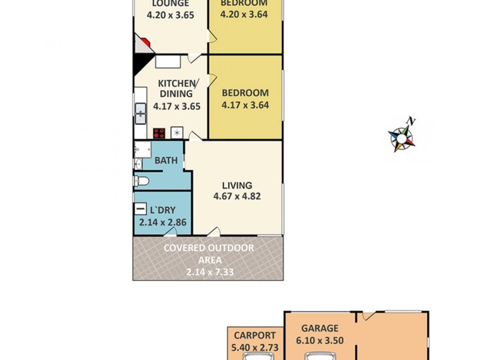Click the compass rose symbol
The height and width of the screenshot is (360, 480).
click(401, 136)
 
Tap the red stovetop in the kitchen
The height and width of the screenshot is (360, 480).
click(159, 133)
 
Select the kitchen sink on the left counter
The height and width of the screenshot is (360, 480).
click(140, 112)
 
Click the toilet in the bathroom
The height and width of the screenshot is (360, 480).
click(140, 181)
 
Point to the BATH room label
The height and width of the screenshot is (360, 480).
click(166, 161)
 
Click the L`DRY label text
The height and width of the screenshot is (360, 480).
click(163, 210)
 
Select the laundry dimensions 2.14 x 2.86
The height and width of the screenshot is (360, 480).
click(163, 222)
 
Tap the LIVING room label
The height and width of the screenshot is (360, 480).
click(237, 185)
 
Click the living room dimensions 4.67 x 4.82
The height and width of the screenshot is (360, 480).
click(237, 196)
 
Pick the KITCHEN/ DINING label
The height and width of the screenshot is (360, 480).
click(176, 88)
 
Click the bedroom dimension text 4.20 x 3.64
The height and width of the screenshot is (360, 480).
click(245, 15)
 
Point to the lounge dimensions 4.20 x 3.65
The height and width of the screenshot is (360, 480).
click(171, 15)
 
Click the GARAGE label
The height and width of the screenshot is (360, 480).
click(320, 328)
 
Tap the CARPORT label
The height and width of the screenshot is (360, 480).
click(255, 335)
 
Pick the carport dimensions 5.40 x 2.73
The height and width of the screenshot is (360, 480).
click(255, 347)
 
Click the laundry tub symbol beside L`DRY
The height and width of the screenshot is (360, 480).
click(140, 209)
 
